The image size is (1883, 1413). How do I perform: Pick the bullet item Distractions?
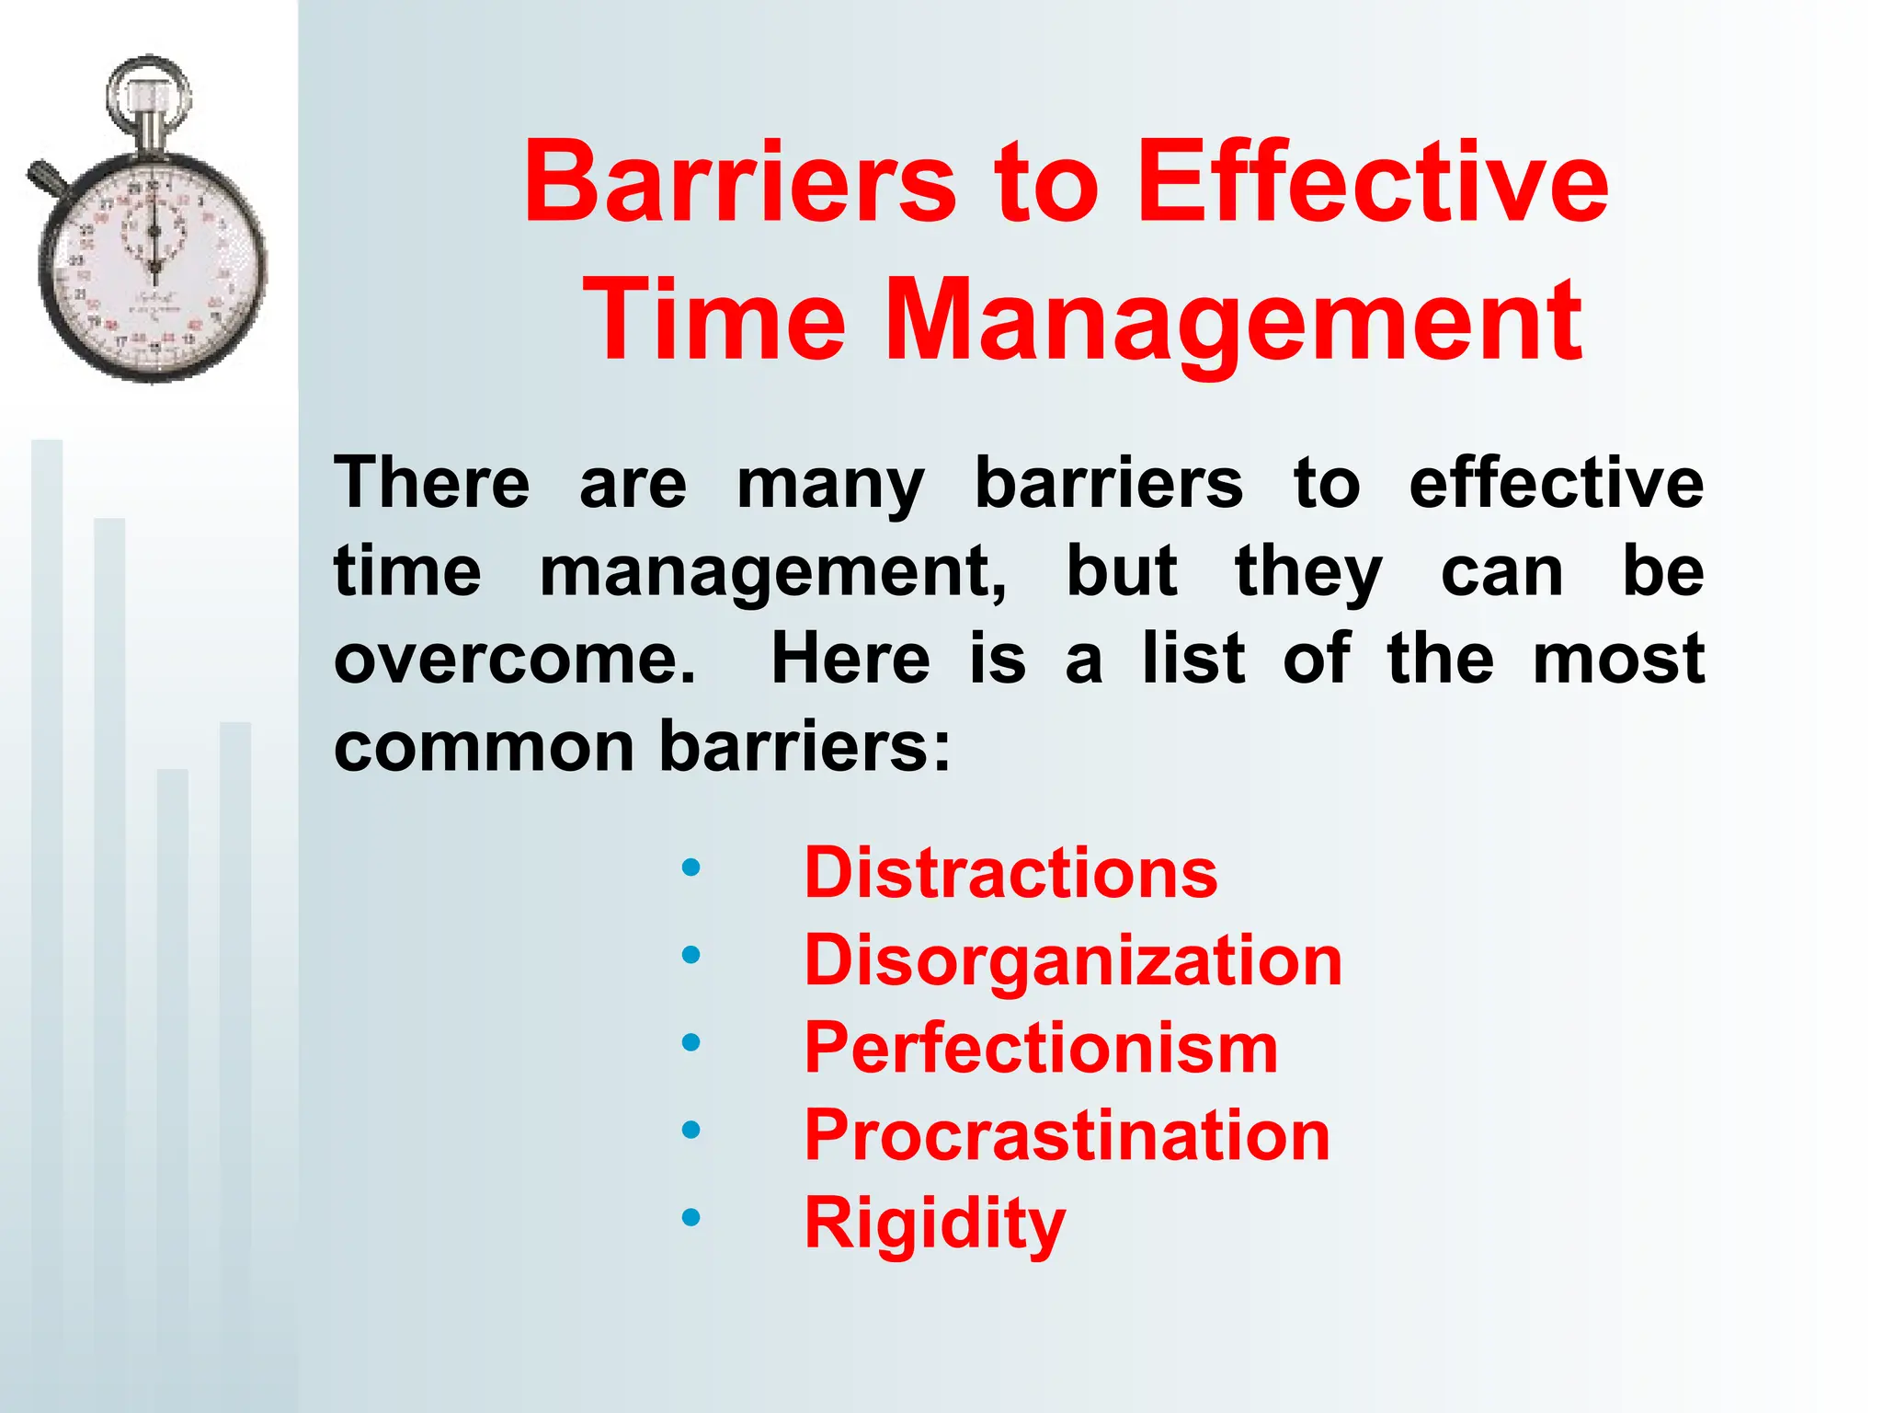tap(1010, 872)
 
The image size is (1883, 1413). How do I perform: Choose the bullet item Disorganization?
tap(1073, 959)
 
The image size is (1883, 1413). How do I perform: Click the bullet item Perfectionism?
tap(1041, 1047)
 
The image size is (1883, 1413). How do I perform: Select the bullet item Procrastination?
tap(1067, 1134)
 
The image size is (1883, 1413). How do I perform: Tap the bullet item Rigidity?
tap(934, 1223)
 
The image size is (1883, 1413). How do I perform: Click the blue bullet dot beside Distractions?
tap(690, 867)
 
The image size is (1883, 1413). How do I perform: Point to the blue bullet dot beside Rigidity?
tap(690, 1217)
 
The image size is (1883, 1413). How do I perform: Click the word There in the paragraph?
tap(431, 482)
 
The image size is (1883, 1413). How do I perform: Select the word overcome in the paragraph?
tap(515, 659)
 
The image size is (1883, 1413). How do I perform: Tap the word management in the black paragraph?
tap(772, 572)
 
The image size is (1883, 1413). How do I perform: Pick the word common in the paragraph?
tap(484, 746)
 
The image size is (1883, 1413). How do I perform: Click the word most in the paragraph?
tap(1618, 659)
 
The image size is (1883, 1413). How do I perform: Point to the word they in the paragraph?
tap(1307, 572)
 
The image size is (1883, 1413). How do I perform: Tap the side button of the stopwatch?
tap(46, 178)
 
